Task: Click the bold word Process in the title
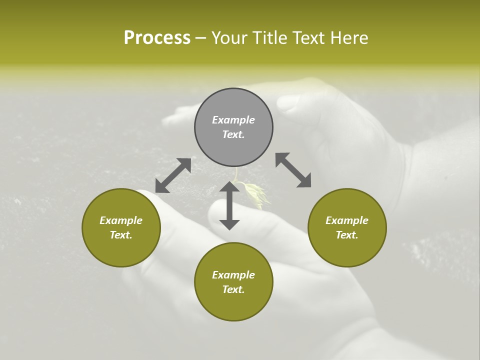tap(157, 38)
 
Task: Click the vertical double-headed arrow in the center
tap(229, 205)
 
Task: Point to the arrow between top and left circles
tap(173, 175)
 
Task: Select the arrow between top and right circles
tap(293, 170)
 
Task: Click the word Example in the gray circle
tap(233, 120)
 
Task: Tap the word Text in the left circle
tap(121, 235)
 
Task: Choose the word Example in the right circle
tap(347, 220)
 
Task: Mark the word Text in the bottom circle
tap(233, 289)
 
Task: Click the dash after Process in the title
tap(200, 38)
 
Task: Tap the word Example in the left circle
tap(121, 220)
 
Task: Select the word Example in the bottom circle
tap(233, 275)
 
